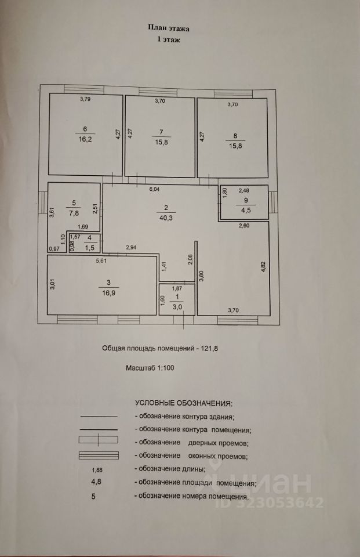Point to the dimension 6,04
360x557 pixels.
pos(154,190)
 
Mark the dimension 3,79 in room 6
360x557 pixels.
pos(86,99)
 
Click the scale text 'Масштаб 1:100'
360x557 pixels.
pos(151,368)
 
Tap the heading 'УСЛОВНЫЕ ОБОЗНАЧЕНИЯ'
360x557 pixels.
pos(183,402)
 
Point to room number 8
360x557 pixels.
pos(235,136)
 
